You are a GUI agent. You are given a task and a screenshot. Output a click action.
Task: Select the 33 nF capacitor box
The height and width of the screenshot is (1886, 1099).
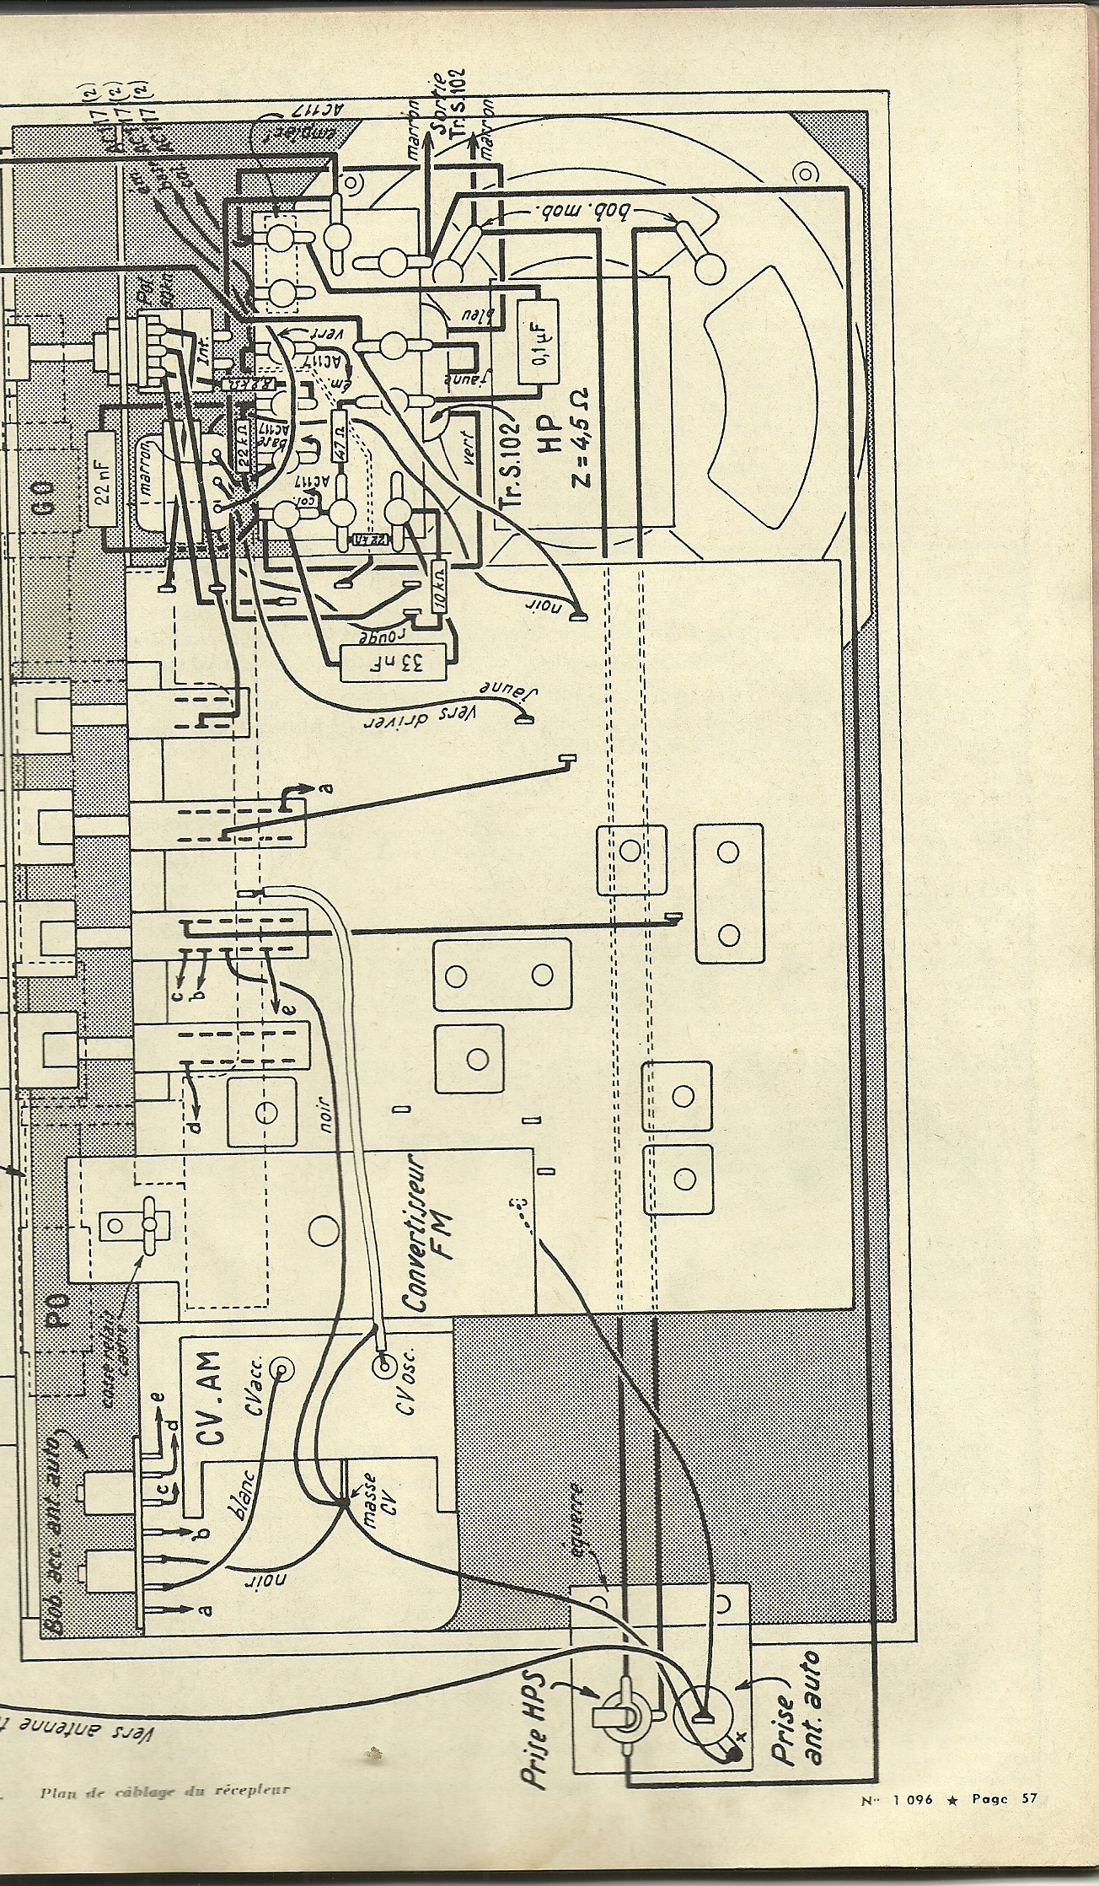[395, 663]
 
